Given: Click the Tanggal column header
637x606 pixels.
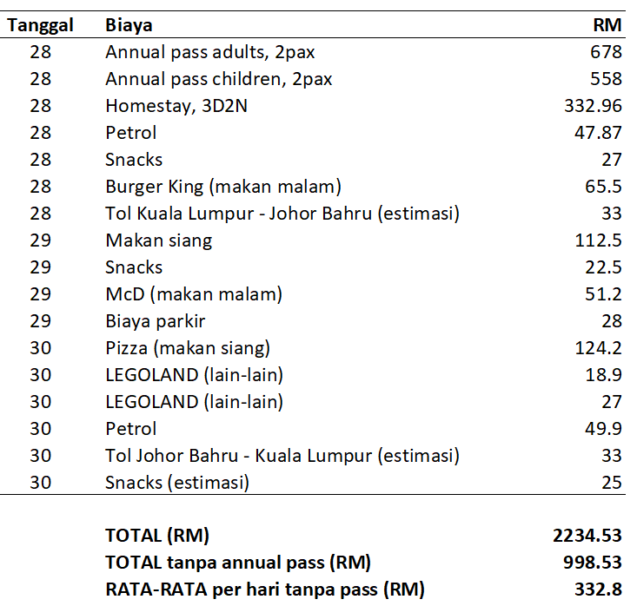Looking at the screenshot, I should (x=40, y=25).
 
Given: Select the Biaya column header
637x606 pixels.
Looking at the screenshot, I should (x=129, y=25).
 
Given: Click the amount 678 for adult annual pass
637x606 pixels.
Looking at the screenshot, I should (x=606, y=52).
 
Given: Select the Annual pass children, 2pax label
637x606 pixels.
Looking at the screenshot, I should (x=219, y=79).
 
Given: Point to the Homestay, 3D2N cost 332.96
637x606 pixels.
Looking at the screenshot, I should (x=594, y=106).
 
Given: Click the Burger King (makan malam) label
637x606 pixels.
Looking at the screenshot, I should (x=223, y=187).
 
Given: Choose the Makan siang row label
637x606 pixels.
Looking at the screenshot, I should (x=158, y=240).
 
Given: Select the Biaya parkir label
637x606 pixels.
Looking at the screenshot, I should (x=156, y=321).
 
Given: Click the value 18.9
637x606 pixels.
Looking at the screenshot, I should (x=604, y=375).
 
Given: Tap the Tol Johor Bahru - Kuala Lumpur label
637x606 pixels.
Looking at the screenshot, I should (x=282, y=456).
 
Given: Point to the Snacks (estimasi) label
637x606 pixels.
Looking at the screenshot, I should (x=177, y=483).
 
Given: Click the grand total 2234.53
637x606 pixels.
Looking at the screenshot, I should (x=587, y=536).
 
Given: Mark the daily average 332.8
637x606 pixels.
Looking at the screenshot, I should (x=599, y=590).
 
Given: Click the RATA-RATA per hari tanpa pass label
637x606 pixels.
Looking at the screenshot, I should (x=264, y=590).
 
